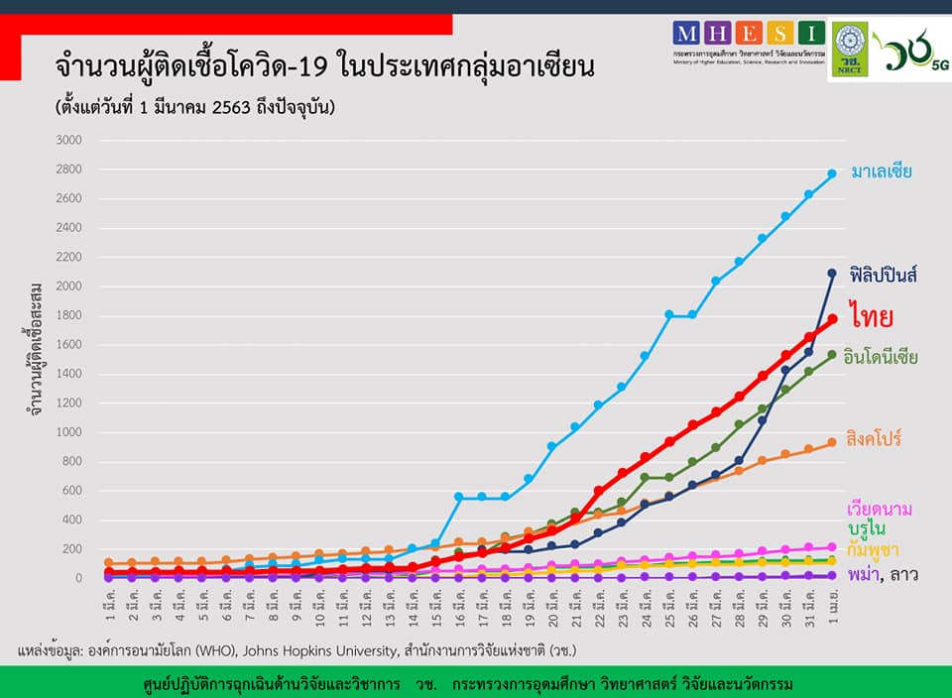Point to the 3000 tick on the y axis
coord(69,141)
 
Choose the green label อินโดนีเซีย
coord(881,356)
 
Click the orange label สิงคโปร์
coord(873,438)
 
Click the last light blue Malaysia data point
coord(832,174)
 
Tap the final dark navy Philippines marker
coord(832,273)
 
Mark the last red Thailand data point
coord(833,319)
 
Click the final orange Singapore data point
coord(832,442)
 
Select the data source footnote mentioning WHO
coord(297,650)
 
